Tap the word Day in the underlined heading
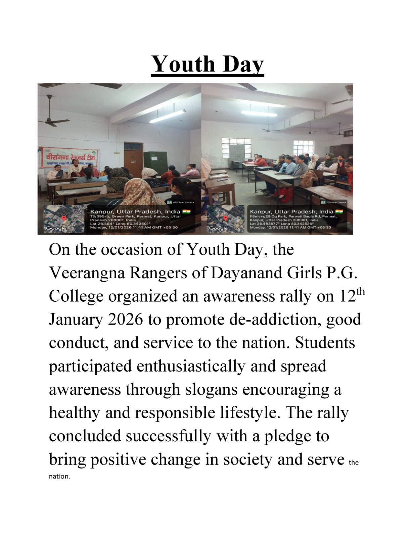[243, 64]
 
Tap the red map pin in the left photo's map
[64, 218]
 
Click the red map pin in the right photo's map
[226, 218]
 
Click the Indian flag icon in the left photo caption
[186, 212]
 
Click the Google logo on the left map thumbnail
[56, 228]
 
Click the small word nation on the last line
[59, 477]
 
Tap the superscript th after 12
[360, 291]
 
